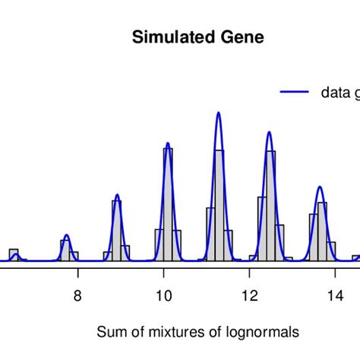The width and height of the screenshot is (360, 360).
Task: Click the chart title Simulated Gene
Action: tap(197, 38)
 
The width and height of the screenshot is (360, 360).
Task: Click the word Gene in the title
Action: tap(242, 38)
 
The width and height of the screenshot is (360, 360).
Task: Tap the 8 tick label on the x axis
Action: tap(77, 296)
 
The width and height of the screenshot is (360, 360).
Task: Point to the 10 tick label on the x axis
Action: tap(163, 296)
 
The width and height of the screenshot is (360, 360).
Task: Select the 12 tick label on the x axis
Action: tap(249, 296)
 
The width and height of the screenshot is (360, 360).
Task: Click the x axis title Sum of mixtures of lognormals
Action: tap(198, 332)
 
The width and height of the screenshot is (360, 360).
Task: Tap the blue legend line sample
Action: tap(295, 92)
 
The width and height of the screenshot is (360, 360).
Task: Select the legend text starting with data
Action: tap(339, 93)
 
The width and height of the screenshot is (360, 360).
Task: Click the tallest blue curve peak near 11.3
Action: tap(218, 113)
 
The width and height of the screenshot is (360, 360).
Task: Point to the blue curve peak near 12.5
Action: tap(269, 133)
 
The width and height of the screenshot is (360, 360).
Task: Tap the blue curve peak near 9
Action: tap(117, 195)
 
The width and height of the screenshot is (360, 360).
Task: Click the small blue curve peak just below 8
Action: tap(67, 235)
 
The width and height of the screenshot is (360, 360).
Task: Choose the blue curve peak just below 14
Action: tap(320, 187)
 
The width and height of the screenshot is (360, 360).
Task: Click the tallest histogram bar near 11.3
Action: tap(219, 205)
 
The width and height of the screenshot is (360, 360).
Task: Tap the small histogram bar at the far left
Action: tap(14, 254)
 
